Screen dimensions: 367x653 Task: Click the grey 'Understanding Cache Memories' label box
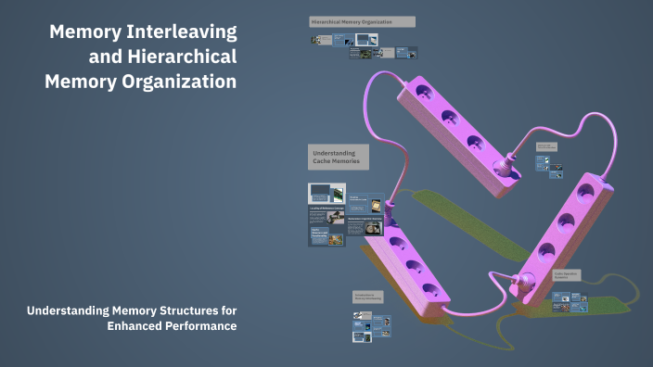click(x=339, y=158)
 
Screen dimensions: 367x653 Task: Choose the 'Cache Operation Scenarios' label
click(x=568, y=276)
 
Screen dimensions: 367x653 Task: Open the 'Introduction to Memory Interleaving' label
click(x=367, y=297)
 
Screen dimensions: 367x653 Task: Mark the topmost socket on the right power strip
click(x=584, y=193)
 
